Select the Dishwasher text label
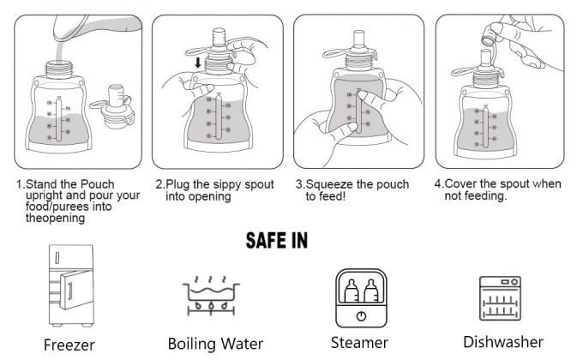coord(502,342)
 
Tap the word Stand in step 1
coord(41,184)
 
